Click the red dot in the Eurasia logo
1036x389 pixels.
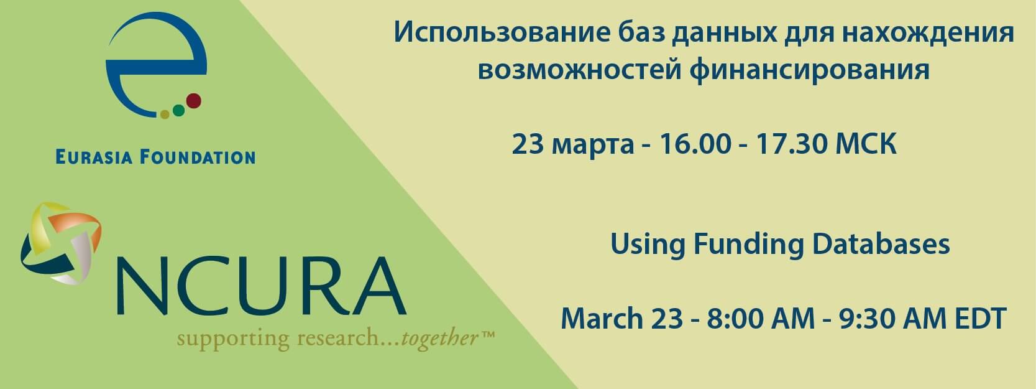193,101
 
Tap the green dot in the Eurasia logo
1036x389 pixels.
179,110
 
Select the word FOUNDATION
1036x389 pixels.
198,157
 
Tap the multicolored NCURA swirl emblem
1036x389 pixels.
61,243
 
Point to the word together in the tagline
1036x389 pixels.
440,339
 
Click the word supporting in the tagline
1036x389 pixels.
233,340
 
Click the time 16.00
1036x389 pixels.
695,144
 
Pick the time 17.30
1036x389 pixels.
791,144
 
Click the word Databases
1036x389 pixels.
881,243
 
